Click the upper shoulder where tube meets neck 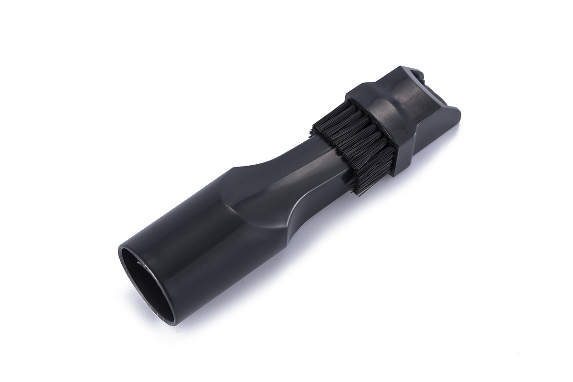point(239,170)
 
